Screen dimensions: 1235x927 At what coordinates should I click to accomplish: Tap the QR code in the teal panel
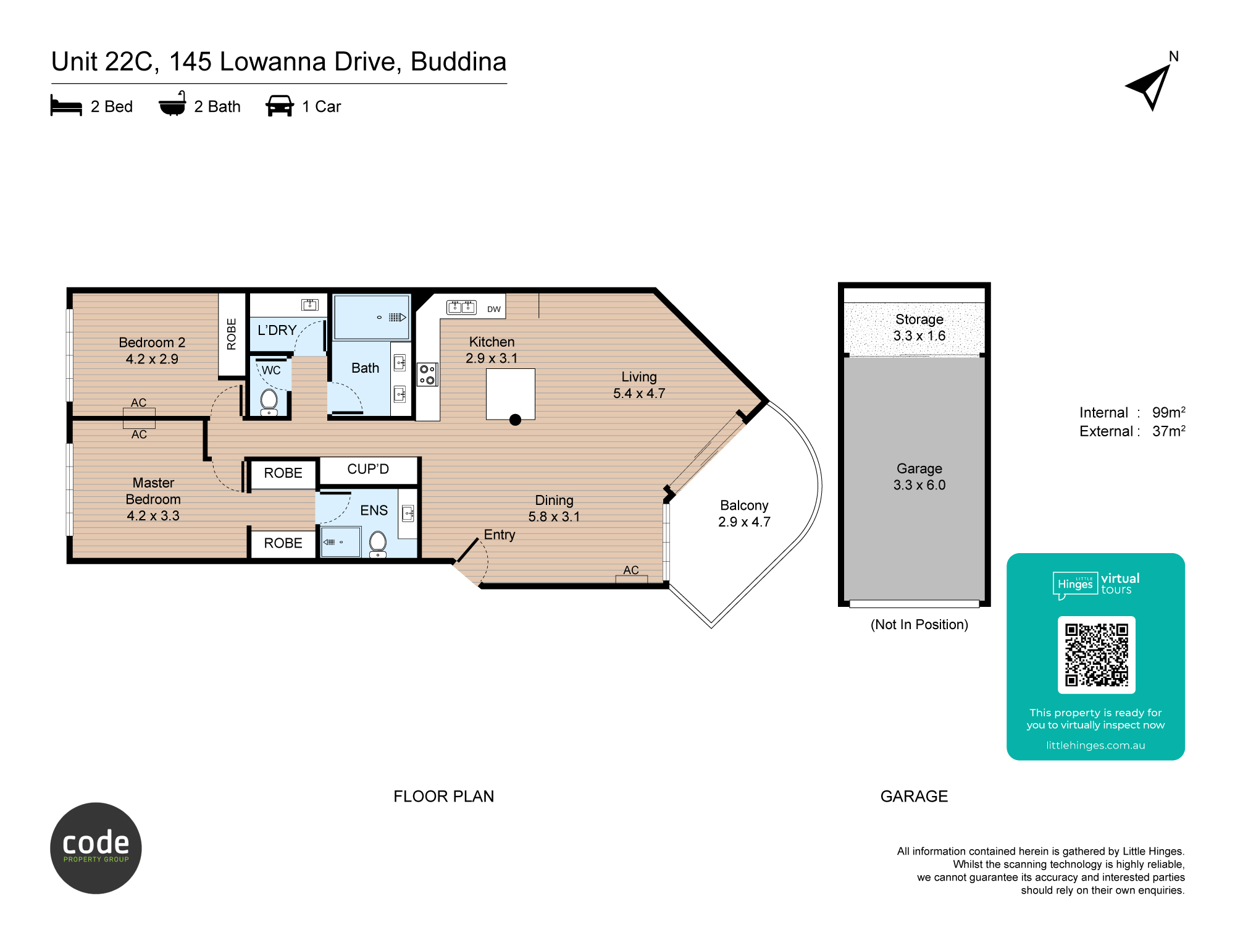pos(1096,655)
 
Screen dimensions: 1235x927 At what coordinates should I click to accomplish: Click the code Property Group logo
pos(96,848)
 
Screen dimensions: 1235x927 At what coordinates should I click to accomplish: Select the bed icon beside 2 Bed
pos(66,106)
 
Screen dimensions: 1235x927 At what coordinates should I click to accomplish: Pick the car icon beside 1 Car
pos(280,106)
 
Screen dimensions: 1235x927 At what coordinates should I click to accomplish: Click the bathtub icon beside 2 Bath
pos(172,104)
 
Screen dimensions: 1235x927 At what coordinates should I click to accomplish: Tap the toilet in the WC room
pos(269,402)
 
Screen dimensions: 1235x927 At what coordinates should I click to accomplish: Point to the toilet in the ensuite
pos(378,544)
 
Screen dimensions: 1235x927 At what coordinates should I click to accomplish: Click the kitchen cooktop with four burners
pos(427,375)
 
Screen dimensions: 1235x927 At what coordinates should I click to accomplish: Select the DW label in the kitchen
pos(494,309)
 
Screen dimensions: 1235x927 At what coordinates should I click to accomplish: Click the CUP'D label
pos(368,469)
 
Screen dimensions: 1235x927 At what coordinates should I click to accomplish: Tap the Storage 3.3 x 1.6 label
pos(919,328)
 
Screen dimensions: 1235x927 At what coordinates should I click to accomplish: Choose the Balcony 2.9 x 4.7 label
pos(744,514)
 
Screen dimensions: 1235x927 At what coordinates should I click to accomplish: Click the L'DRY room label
pos(277,330)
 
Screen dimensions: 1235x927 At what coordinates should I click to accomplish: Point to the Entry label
pos(500,535)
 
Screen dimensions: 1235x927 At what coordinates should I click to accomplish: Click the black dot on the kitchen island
pos(516,420)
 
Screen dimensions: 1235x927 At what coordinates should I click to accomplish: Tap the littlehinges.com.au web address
pos(1095,745)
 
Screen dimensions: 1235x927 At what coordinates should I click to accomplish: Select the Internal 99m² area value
pos(1168,412)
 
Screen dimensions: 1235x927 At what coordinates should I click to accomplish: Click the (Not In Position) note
pos(919,625)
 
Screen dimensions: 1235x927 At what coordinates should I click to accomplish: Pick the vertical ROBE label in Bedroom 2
pos(232,334)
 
